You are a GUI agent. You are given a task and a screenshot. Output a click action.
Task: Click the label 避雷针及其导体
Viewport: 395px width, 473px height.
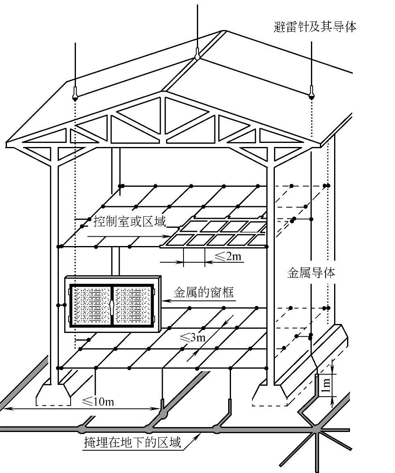[315, 27]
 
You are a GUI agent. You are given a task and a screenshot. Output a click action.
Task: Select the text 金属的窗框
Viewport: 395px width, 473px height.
[204, 292]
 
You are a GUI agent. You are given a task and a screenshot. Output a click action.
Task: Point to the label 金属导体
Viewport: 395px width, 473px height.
[311, 273]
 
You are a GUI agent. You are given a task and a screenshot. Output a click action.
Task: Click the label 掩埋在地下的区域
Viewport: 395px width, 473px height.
[132, 442]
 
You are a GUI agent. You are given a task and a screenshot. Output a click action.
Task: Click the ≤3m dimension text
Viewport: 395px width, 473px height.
[192, 337]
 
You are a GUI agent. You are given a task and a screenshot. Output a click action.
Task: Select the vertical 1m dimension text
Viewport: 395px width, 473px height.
[325, 385]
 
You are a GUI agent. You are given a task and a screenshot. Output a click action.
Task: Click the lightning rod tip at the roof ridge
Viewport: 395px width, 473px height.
[197, 56]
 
